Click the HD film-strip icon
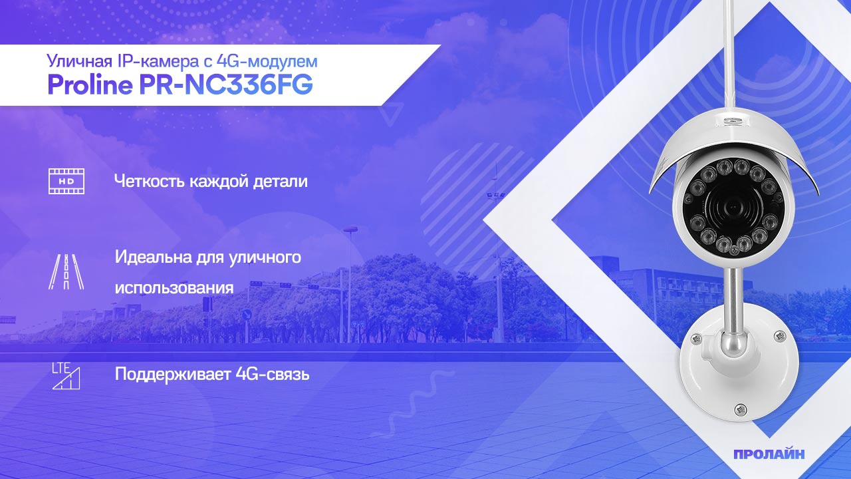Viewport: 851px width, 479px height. [x=66, y=181]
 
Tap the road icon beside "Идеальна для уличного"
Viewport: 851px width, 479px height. [x=66, y=271]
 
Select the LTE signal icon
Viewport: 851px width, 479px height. [x=66, y=376]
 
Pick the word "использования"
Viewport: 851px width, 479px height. [x=174, y=288]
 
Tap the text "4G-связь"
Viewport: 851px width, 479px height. [x=273, y=374]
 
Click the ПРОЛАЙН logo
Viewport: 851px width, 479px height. [x=769, y=454]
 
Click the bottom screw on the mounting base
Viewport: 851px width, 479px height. [x=739, y=408]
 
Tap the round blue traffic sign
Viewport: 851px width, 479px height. [x=247, y=314]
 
